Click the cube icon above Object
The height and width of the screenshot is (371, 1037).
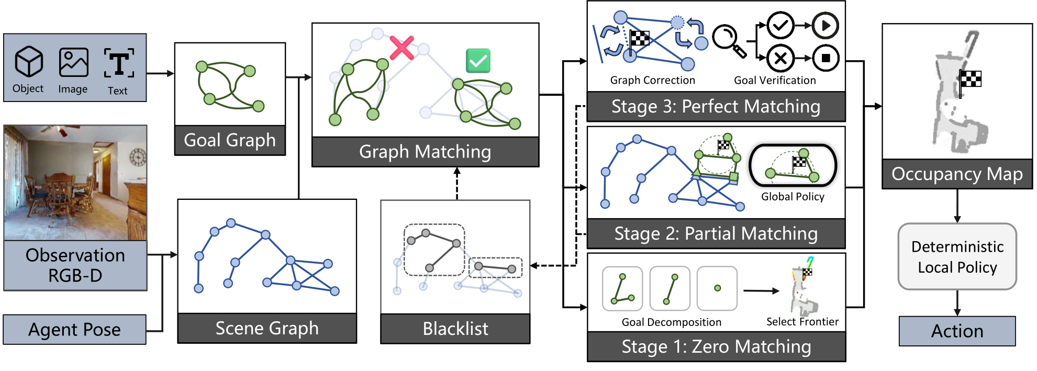(29, 62)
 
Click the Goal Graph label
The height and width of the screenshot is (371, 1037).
(230, 140)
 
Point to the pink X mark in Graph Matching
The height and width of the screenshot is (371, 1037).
(402, 48)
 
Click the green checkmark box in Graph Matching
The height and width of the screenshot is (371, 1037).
(478, 61)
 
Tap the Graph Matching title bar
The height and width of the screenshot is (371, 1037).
(425, 152)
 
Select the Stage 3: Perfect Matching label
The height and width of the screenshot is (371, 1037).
(716, 107)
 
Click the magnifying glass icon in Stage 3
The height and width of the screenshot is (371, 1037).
(728, 40)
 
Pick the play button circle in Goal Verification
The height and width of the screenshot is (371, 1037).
(826, 25)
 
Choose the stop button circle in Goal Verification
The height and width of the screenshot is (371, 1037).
(826, 58)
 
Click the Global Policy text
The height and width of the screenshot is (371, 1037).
(793, 197)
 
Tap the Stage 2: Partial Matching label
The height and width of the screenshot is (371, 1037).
(716, 233)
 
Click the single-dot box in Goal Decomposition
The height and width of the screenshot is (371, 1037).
(717, 288)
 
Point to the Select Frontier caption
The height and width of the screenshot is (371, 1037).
(802, 322)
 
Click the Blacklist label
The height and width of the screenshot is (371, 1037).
(455, 329)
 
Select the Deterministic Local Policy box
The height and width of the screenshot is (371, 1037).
(957, 257)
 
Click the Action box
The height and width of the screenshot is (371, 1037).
(957, 331)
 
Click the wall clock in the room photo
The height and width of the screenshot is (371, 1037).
(138, 157)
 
